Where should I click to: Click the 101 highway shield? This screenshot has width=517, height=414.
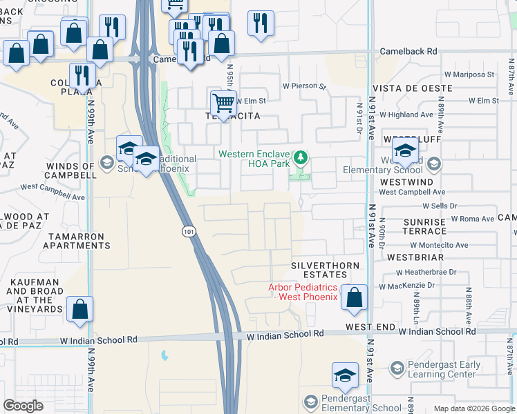click(x=189, y=232)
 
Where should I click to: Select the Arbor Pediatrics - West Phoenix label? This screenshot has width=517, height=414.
click(x=303, y=292)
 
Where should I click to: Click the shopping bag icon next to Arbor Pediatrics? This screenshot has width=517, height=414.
click(x=354, y=298)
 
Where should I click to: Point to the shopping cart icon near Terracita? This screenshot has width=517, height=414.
click(x=223, y=103)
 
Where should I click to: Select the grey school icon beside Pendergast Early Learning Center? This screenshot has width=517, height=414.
click(x=397, y=370)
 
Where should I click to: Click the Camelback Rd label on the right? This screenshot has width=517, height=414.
click(x=409, y=52)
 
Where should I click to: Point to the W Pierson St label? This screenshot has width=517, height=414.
click(x=304, y=87)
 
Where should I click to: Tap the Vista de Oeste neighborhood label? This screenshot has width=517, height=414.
click(x=412, y=89)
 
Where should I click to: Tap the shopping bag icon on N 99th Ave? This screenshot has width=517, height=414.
click(x=80, y=310)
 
